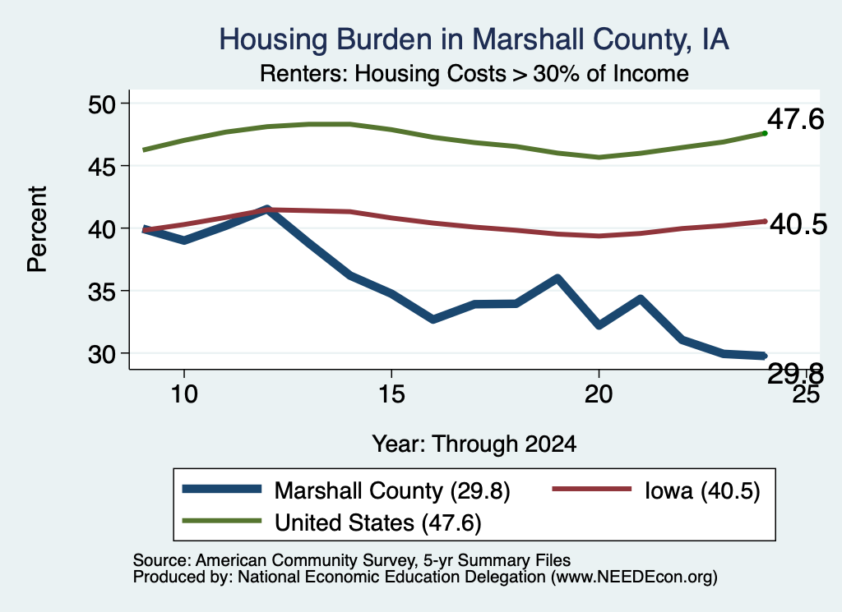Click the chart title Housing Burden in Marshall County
pyautogui.click(x=474, y=39)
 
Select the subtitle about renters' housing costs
pyautogui.click(x=474, y=73)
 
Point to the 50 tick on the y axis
pyautogui.click(x=101, y=104)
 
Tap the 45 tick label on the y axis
pyautogui.click(x=101, y=167)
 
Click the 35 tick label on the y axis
pyautogui.click(x=101, y=292)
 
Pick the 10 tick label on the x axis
pyautogui.click(x=184, y=394)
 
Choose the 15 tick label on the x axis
pyautogui.click(x=391, y=394)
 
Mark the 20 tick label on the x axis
pyautogui.click(x=599, y=394)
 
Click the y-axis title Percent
pyautogui.click(x=38, y=229)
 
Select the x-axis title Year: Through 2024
pyautogui.click(x=474, y=444)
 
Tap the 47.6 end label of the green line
pyautogui.click(x=795, y=118)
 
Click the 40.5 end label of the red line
pyautogui.click(x=798, y=223)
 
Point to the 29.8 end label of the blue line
pyautogui.click(x=795, y=373)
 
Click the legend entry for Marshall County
pyautogui.click(x=346, y=490)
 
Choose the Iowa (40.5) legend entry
pyautogui.click(x=656, y=490)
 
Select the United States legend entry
pyautogui.click(x=331, y=522)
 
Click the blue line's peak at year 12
pyautogui.click(x=267, y=209)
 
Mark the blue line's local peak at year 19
pyautogui.click(x=557, y=278)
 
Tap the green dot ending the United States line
pyautogui.click(x=765, y=133)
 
